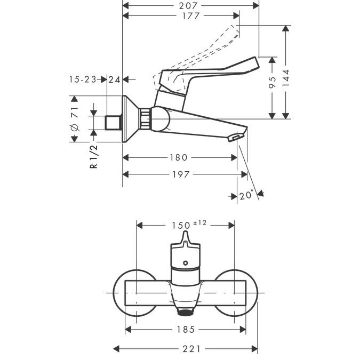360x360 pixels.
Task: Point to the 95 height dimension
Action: [x=272, y=82]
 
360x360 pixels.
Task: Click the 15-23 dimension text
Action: [x=83, y=79]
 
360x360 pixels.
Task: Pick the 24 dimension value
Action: [x=114, y=79]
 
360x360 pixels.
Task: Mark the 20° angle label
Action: [x=246, y=196]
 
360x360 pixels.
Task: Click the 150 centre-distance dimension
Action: [x=180, y=225]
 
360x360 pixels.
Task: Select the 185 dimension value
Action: [x=185, y=330]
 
